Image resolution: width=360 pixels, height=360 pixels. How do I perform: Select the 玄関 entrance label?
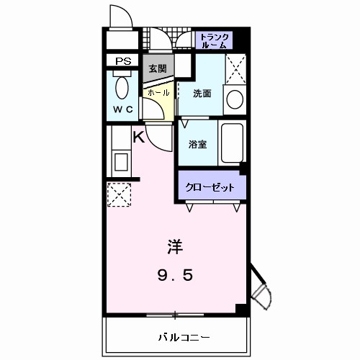(158, 69)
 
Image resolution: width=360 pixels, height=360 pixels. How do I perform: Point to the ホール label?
(158, 93)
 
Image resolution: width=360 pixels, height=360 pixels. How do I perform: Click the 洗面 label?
(202, 94)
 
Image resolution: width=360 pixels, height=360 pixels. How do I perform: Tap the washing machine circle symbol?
(234, 99)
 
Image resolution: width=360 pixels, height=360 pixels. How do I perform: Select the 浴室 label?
(197, 143)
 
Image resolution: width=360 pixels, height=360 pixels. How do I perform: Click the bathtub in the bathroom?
(232, 143)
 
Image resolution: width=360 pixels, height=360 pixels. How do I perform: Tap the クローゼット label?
(210, 187)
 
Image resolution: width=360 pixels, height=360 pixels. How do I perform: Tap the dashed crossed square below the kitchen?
(117, 193)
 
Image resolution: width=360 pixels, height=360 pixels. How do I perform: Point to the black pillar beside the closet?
(243, 169)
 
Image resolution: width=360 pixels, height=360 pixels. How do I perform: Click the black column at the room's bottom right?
(242, 309)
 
